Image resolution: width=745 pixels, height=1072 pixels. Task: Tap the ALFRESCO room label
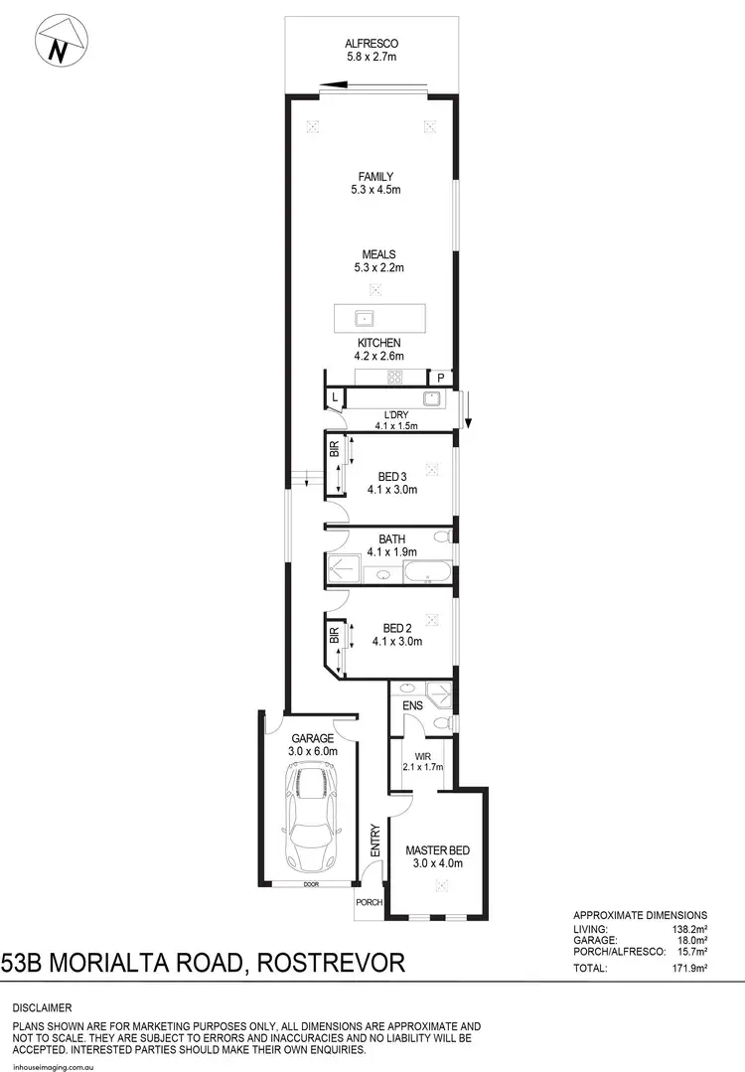371,43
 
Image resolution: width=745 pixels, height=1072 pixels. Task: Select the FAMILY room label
370,177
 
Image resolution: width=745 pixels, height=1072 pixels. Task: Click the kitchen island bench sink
366,319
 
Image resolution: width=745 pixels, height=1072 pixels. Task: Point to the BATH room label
391,539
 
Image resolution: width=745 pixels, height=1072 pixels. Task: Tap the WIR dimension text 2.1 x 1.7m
422,766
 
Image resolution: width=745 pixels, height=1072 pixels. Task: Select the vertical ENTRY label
374,840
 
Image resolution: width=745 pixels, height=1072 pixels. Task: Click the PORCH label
370,903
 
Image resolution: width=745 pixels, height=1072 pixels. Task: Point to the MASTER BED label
437,850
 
